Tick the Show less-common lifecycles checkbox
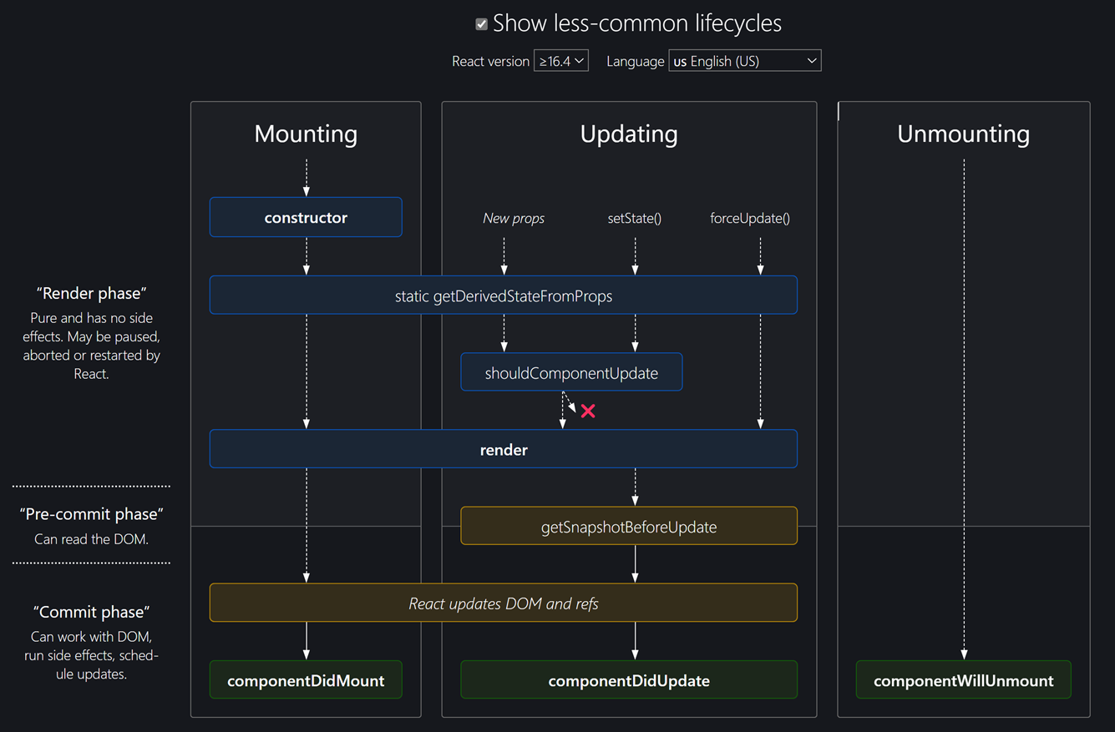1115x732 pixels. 481,24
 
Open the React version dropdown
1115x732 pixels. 561,61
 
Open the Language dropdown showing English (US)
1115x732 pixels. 745,61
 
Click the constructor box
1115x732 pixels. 306,217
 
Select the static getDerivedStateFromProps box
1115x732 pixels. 504,295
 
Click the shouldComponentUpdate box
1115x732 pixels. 571,372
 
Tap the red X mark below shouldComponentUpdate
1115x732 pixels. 588,411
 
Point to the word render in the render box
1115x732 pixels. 504,450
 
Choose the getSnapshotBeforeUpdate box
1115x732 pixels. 629,526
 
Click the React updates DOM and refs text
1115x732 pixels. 504,603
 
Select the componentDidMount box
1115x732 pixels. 306,679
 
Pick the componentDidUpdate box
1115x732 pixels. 629,679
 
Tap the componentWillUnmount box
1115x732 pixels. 963,679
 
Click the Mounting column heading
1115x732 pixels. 306,134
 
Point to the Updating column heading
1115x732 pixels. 629,134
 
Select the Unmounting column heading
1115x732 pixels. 963,134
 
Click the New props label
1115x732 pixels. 513,218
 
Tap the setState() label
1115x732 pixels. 635,218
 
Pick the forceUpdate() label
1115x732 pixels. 750,218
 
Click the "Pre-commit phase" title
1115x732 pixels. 92,514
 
